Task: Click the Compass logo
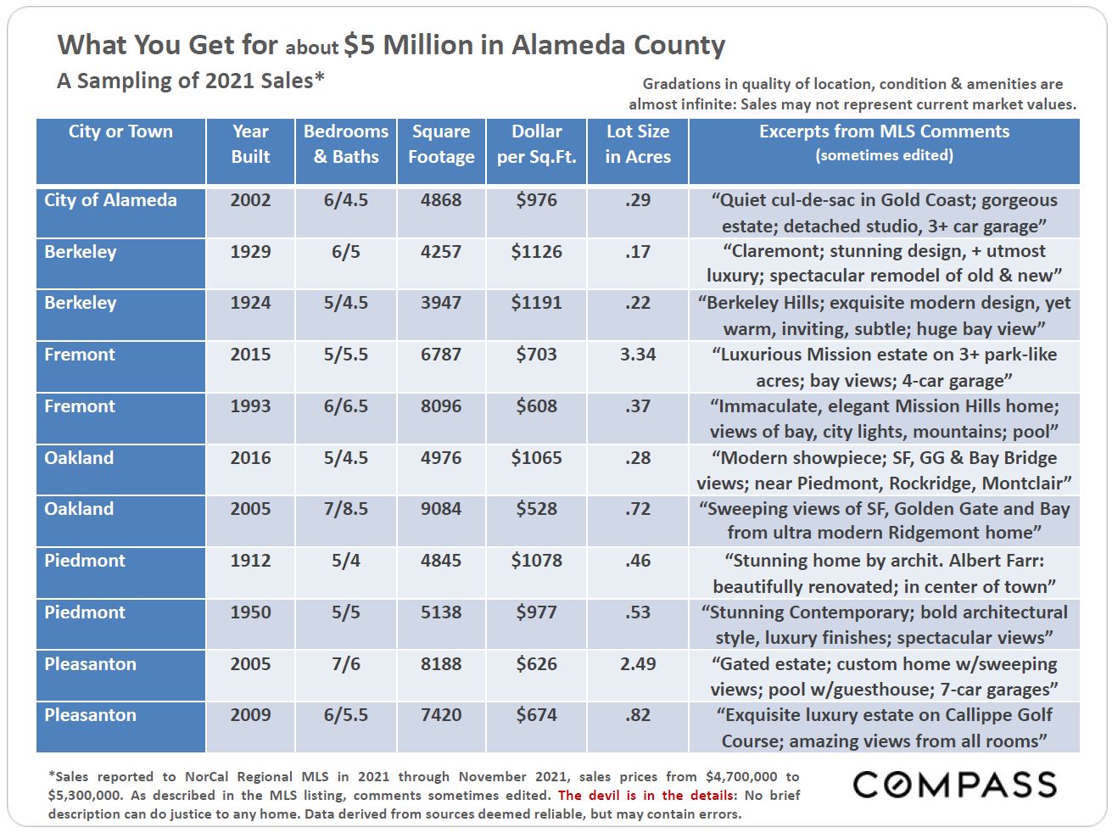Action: click(x=954, y=785)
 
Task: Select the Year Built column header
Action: click(x=250, y=144)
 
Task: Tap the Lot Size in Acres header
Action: click(x=638, y=144)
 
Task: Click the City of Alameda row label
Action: click(x=110, y=200)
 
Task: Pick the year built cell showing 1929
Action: click(x=250, y=252)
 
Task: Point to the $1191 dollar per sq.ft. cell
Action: click(x=537, y=303)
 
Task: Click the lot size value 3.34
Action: click(x=638, y=355)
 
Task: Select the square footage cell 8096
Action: click(x=441, y=405)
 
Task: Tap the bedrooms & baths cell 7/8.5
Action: click(x=345, y=508)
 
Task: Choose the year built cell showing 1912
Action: click(x=250, y=561)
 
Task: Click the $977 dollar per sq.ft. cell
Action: click(x=537, y=612)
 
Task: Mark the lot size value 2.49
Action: click(x=638, y=663)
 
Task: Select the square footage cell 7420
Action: click(x=441, y=715)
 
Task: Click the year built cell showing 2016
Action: click(x=250, y=457)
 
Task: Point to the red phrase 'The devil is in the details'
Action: click(x=646, y=795)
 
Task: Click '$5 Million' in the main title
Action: click(x=408, y=45)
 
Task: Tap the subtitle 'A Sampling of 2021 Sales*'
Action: click(x=191, y=81)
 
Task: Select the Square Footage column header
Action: click(x=441, y=144)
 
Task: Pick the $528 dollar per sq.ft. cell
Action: click(x=537, y=508)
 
